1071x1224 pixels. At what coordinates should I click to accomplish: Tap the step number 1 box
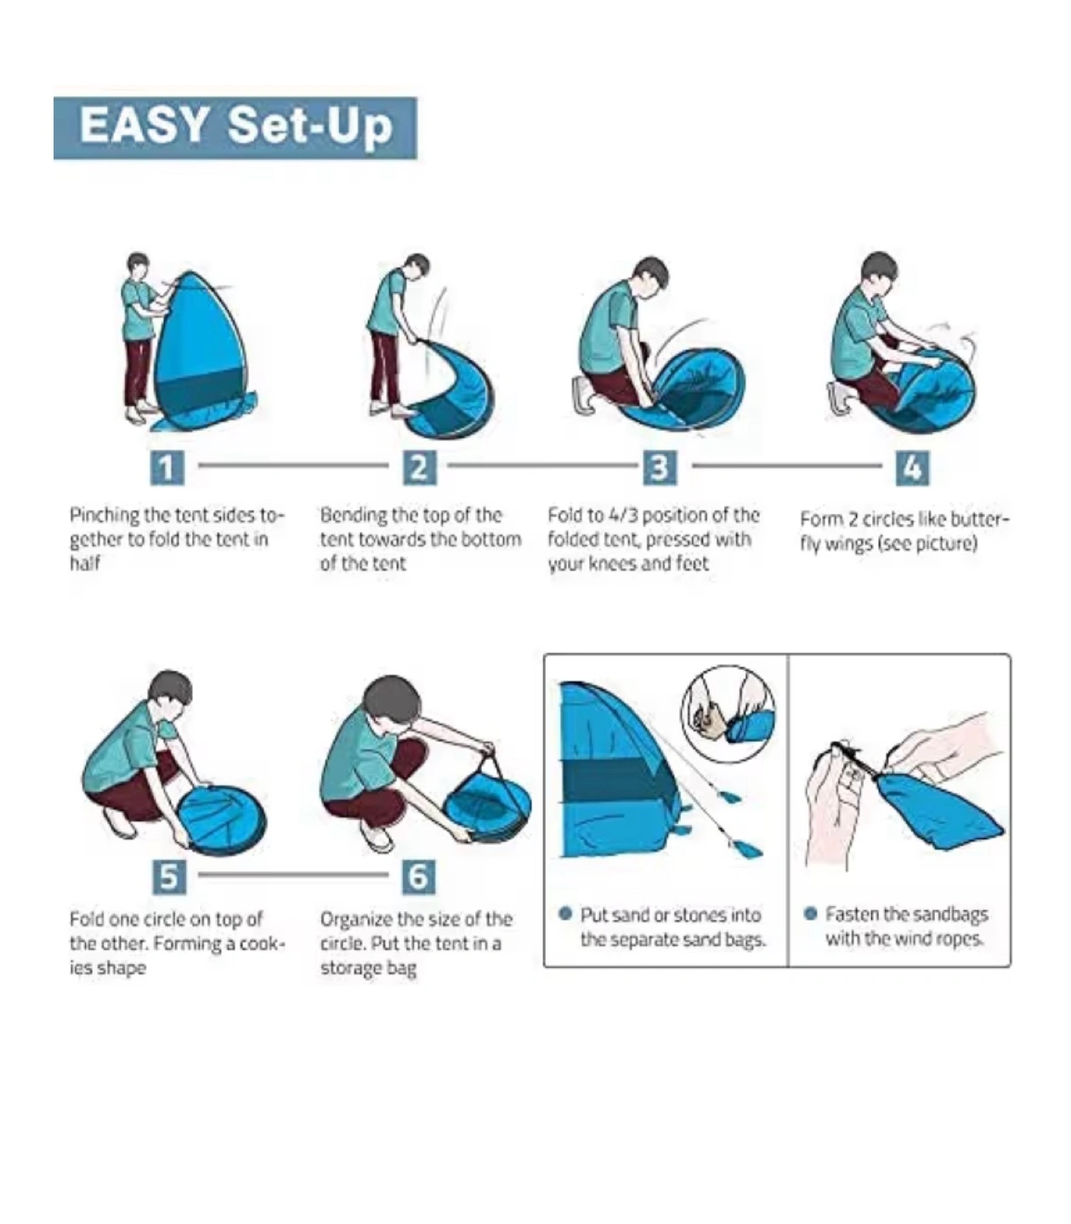coord(167,467)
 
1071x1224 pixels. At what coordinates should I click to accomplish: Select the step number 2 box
coord(419,467)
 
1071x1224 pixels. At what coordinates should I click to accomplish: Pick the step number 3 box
coord(660,467)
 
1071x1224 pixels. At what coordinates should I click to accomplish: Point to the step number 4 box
coord(912,467)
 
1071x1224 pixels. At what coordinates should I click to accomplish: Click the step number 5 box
coord(169,877)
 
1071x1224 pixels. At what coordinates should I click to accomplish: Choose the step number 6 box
coord(418,877)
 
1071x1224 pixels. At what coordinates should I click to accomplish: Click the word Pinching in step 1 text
coord(105,516)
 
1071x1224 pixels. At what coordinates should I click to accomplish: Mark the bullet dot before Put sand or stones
coord(564,914)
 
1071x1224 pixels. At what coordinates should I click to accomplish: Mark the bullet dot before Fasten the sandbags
coord(811,914)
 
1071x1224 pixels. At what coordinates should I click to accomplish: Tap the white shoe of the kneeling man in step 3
coord(583,394)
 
